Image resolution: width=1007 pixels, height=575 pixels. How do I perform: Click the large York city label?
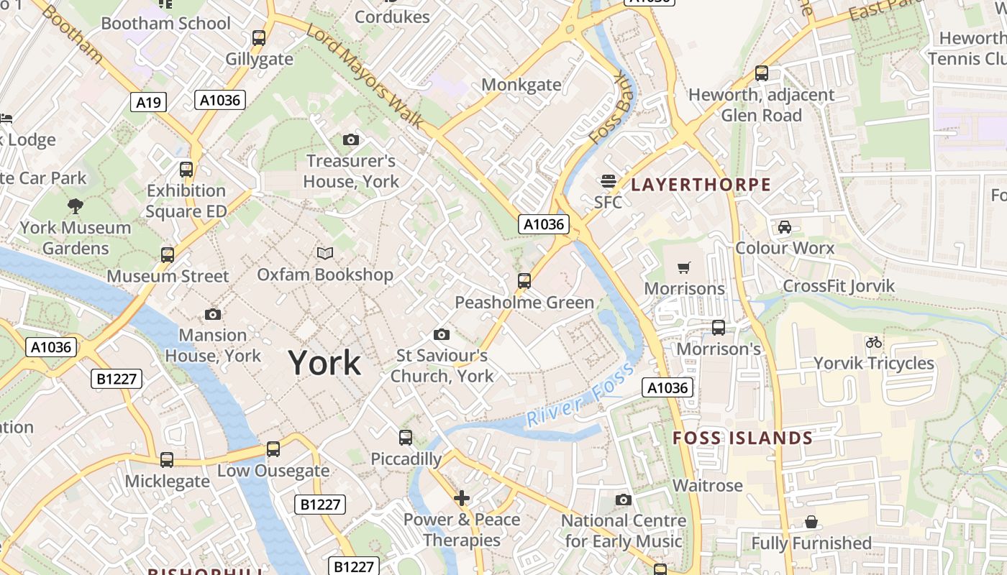tap(324, 363)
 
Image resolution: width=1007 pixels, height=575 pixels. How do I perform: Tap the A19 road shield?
tap(148, 102)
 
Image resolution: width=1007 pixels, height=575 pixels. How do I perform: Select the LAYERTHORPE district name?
tap(701, 185)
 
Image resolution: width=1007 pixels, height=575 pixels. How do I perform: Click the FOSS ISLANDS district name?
tap(742, 438)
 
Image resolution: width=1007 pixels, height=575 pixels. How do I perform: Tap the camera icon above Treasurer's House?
tap(351, 139)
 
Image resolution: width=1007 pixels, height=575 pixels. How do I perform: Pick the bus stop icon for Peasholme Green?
tap(524, 281)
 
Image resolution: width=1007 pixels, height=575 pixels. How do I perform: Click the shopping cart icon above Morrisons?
tap(684, 267)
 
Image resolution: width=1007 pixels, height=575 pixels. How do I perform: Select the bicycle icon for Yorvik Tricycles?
tap(874, 342)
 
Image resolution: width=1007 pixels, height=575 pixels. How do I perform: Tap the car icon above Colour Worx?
tap(785, 227)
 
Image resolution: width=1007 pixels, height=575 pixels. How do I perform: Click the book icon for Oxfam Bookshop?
tap(325, 253)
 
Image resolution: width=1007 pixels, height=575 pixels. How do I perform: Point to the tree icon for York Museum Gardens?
tap(75, 207)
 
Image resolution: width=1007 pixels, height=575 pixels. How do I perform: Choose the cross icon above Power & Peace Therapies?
tap(462, 497)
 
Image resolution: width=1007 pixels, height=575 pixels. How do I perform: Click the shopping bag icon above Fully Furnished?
tap(811, 522)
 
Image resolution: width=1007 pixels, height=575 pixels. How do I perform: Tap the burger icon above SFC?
tap(609, 180)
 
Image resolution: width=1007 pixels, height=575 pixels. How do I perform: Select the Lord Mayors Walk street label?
tap(365, 76)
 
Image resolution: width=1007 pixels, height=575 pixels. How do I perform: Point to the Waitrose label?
tap(707, 486)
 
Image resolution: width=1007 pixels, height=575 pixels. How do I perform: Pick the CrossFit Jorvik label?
tap(838, 286)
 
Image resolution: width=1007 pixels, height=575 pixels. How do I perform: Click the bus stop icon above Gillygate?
tap(258, 38)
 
